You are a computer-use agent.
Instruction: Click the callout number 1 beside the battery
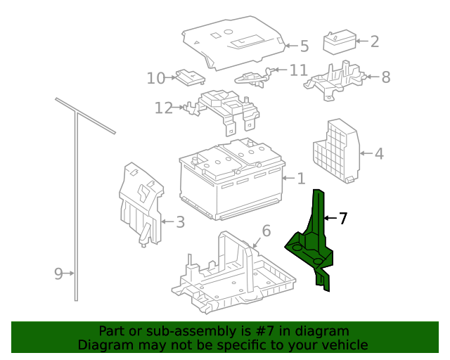point(301,179)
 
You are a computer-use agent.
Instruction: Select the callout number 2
point(374,41)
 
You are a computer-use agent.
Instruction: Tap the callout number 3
point(180,223)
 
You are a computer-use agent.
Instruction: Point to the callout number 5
point(304,46)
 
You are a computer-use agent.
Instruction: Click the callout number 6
point(266,231)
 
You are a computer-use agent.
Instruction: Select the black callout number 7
point(342,219)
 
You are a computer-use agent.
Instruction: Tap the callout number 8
point(385,77)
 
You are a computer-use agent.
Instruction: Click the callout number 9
point(59,274)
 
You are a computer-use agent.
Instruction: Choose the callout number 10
point(155,77)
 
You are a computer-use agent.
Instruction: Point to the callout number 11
point(299,70)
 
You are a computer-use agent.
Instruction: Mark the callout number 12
point(163,108)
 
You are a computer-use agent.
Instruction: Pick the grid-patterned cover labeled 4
point(336,151)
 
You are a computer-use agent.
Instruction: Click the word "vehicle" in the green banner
point(344,345)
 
